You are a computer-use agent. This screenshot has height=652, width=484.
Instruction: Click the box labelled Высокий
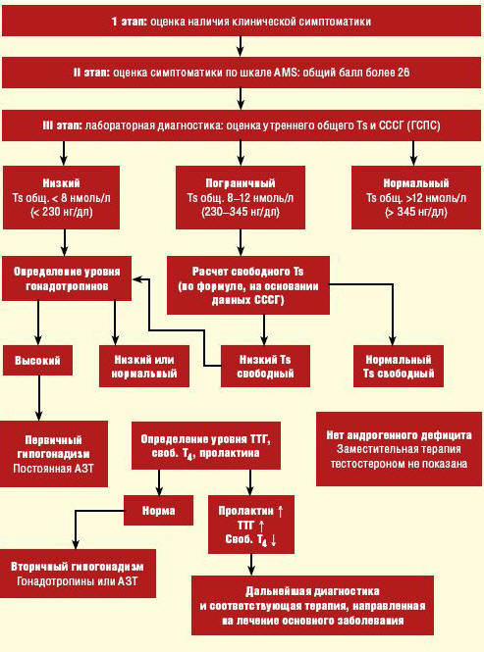37,360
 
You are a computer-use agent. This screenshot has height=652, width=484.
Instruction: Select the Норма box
159,510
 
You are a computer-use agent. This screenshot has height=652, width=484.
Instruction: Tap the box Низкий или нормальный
144,367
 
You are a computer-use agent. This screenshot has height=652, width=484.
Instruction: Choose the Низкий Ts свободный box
265,367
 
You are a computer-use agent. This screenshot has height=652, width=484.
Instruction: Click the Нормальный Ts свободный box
399,367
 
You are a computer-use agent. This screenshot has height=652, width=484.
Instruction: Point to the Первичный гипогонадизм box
54,454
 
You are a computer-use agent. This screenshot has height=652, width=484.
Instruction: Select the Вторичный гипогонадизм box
78,574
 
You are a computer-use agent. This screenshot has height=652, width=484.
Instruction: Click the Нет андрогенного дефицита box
399,449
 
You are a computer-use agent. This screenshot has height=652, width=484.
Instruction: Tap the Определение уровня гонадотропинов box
67,278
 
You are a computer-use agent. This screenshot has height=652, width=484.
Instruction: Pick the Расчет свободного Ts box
248,285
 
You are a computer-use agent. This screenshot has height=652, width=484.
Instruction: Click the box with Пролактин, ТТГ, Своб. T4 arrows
251,525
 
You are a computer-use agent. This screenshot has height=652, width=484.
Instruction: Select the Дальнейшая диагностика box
313,606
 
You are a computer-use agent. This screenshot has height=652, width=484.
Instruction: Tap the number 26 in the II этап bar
403,73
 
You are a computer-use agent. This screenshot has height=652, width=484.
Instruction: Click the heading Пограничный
241,183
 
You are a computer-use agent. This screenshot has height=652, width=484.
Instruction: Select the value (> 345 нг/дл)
416,212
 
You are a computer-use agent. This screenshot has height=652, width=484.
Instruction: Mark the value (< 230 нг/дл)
62,212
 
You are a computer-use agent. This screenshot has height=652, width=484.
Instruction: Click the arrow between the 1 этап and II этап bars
241,46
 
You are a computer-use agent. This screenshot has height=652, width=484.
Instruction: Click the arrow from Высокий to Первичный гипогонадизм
38,398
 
